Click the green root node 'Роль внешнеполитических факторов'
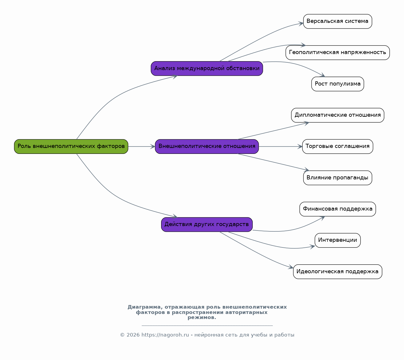(71, 146)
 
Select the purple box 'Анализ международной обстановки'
(207, 69)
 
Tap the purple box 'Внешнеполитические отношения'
(207, 146)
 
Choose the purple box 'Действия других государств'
(207, 225)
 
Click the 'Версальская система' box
(337, 21)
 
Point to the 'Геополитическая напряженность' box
(337, 53)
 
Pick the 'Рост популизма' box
(337, 84)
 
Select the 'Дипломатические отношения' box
(337, 115)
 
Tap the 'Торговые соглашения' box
(337, 146)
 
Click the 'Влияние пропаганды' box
(337, 178)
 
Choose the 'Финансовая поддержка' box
(337, 209)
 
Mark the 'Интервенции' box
(337, 240)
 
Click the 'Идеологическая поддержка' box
(337, 271)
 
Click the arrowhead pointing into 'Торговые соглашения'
(300, 146)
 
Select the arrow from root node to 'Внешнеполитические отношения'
(142, 146)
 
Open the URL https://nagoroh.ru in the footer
(165, 335)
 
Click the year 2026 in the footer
(133, 335)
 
